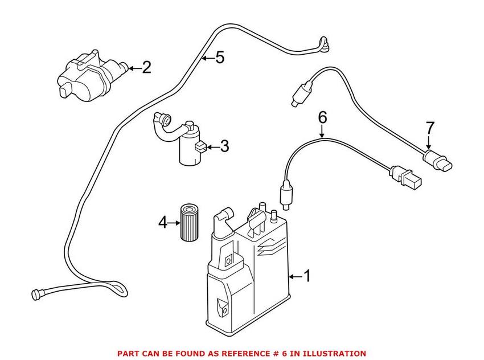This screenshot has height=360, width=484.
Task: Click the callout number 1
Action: (307, 277)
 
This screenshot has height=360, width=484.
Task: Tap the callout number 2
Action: (146, 68)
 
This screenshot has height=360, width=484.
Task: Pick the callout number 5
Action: (220, 57)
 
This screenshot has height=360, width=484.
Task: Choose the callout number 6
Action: (322, 118)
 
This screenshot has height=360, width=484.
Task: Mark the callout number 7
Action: (430, 128)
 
